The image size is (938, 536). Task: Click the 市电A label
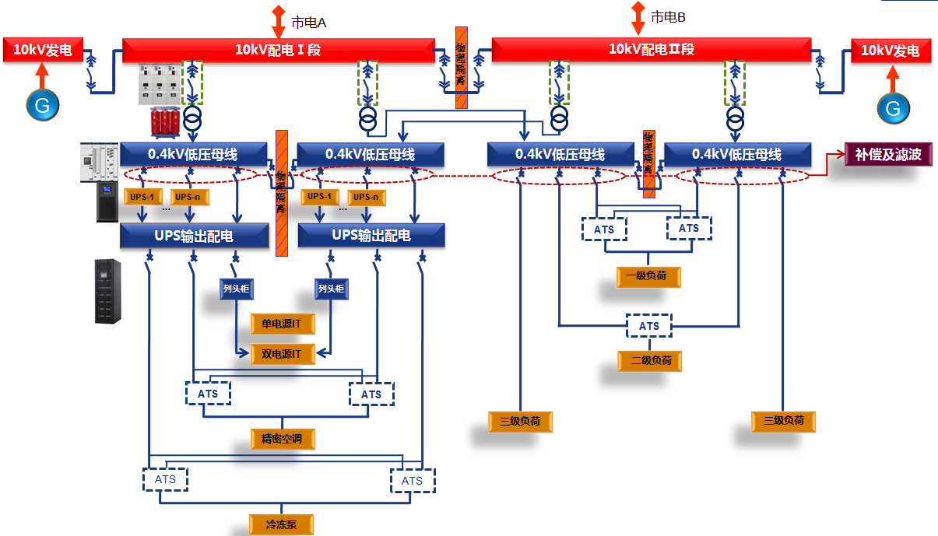pyautogui.click(x=308, y=23)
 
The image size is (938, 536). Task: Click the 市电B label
pyautogui.click(x=667, y=16)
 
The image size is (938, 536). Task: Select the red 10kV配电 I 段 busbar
pyautogui.click(x=278, y=50)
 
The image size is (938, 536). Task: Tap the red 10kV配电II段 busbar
pyautogui.click(x=651, y=49)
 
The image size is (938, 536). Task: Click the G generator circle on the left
pyautogui.click(x=42, y=104)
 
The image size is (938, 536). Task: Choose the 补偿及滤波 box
pyautogui.click(x=888, y=154)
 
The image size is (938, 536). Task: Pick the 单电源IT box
pyautogui.click(x=281, y=324)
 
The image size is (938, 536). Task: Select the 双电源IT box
pyautogui.click(x=281, y=354)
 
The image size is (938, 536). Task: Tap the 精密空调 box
pyautogui.click(x=282, y=439)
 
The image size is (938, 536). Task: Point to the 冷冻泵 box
pyautogui.click(x=281, y=524)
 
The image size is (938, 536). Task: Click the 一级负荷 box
pyautogui.click(x=646, y=276)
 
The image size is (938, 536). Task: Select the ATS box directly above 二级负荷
pyautogui.click(x=649, y=327)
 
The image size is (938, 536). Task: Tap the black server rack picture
pyautogui.click(x=108, y=291)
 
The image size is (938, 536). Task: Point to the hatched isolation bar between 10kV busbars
pyautogui.click(x=461, y=67)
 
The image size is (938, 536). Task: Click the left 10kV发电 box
pyautogui.click(x=42, y=51)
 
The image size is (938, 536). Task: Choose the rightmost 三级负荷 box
pyautogui.click(x=783, y=422)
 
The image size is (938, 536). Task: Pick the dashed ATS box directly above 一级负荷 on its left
pyautogui.click(x=604, y=229)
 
